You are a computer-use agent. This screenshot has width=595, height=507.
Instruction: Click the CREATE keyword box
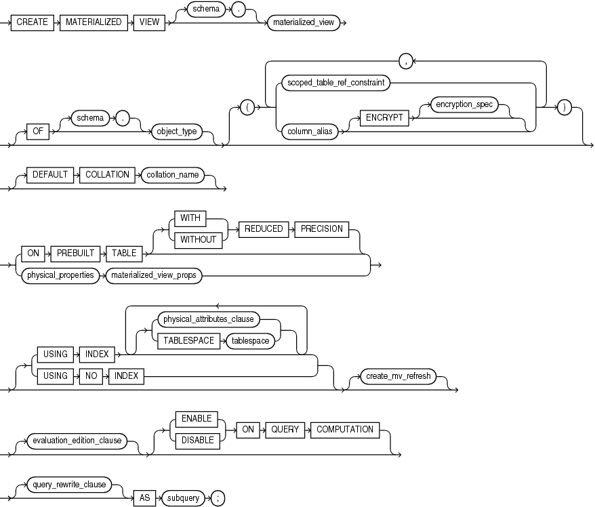(x=33, y=22)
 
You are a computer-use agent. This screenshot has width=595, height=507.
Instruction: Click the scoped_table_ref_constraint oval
(x=336, y=83)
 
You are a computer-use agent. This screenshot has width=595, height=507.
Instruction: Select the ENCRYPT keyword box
(x=385, y=117)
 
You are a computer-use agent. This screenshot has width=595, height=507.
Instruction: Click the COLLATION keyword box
(x=107, y=174)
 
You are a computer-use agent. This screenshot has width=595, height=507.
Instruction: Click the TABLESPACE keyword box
(x=189, y=341)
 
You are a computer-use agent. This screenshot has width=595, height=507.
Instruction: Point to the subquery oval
(x=184, y=498)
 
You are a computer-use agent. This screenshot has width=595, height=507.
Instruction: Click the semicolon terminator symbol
(x=217, y=498)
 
